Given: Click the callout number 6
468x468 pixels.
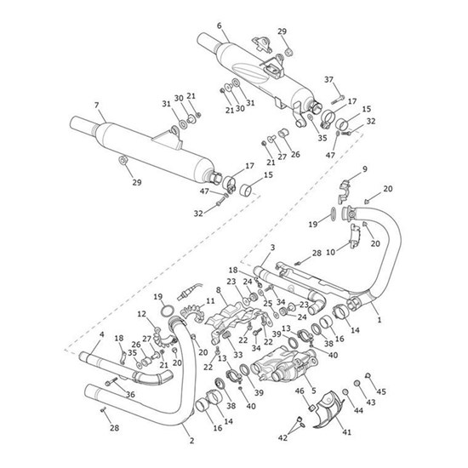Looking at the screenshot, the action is coord(220,26).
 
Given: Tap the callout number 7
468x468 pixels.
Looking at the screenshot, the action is coord(96,106).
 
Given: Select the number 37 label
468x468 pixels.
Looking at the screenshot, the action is coord(328,80).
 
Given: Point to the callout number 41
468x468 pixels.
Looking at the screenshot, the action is coord(346,431).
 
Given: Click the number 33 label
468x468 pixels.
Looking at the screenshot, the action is coord(238,355).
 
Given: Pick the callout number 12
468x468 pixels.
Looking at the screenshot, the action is coord(142,314).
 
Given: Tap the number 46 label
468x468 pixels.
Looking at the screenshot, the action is coord(300,391).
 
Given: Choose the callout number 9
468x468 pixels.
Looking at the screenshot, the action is coord(365,169).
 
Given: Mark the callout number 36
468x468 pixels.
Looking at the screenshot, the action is coord(130,395).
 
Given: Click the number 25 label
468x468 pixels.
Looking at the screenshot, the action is coord(268,303).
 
